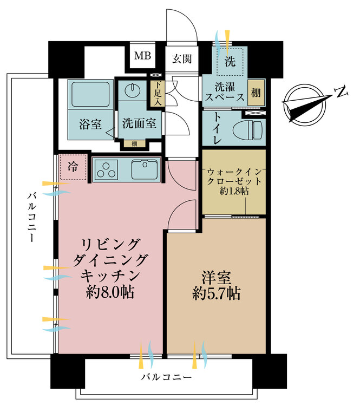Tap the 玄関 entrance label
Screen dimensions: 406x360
click(181, 59)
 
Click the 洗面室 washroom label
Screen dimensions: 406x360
click(139, 123)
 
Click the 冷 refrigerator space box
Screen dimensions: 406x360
click(72, 168)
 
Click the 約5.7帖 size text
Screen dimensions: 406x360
click(217, 294)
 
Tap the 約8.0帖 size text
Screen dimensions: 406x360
click(110, 293)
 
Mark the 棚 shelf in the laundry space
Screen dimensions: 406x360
click(255, 93)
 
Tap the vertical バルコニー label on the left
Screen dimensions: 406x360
click(31, 216)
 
